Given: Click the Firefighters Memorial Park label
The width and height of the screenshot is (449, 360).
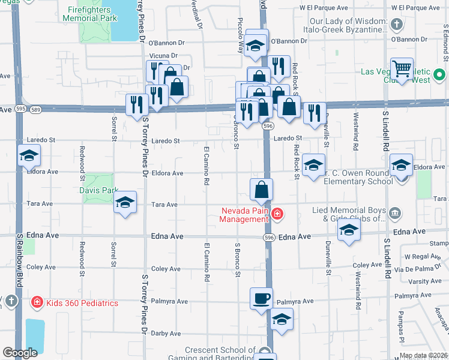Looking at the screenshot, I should point(90,14).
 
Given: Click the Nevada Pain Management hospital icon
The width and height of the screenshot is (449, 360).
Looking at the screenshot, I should point(277,214).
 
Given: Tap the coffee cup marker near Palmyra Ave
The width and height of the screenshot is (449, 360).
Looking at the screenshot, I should point(261,298).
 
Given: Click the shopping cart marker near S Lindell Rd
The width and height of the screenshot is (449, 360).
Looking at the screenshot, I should point(402,68).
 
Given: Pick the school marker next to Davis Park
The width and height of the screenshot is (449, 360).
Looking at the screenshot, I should point(125,202).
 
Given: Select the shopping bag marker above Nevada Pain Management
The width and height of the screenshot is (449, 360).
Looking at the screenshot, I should point(262,189).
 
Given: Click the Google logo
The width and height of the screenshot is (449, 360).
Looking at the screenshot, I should point(20,353).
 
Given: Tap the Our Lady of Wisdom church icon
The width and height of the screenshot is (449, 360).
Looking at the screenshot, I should point(395,25).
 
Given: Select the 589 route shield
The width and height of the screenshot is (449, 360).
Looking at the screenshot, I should point(37,109).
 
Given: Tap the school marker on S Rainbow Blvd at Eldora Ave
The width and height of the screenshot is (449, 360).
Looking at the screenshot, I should point(29,156).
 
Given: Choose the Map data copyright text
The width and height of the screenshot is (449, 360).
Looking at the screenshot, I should point(423,355).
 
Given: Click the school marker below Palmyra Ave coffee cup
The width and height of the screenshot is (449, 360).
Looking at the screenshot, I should point(282,319).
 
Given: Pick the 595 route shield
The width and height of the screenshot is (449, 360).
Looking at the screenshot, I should point(21,109).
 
